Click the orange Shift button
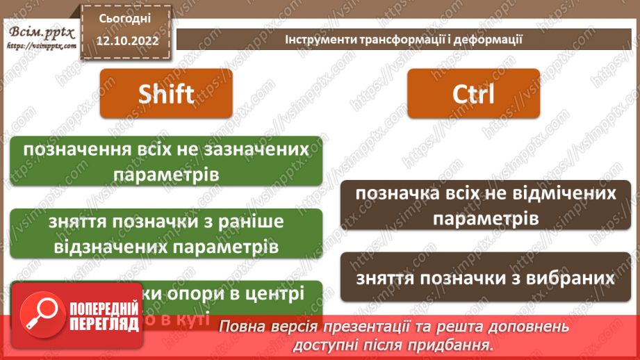(166, 93)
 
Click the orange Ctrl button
(473, 93)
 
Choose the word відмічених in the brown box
(558, 193)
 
